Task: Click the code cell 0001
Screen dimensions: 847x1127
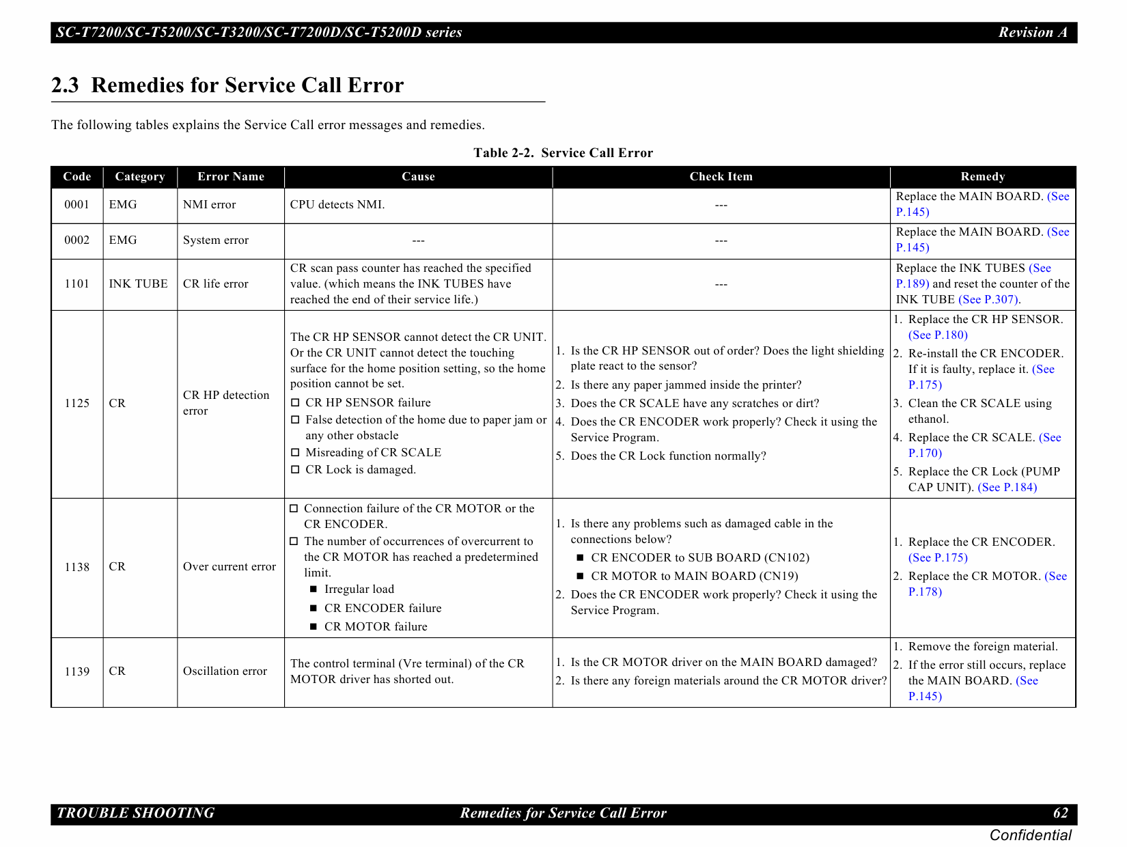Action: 76,205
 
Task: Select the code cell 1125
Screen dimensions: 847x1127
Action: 76,403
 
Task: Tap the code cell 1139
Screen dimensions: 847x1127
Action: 76,671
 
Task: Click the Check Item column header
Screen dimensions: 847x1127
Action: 721,176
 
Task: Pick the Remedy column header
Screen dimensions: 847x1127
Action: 982,176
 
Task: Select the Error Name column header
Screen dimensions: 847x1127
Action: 230,176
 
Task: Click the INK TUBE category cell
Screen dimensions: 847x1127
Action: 138,283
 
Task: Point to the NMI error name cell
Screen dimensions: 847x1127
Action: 209,205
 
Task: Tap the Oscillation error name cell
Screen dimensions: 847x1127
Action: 225,671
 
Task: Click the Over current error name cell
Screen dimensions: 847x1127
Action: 229,567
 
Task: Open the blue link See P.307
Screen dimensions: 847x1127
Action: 988,300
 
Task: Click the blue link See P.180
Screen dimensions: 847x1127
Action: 938,335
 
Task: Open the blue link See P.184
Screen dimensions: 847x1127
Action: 1007,488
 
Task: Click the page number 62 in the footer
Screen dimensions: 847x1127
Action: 1060,813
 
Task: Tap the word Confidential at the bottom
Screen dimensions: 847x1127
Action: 1030,835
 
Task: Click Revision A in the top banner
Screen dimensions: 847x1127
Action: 1032,32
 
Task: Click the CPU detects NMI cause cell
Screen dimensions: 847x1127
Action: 337,205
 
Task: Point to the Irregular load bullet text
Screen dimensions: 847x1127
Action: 359,589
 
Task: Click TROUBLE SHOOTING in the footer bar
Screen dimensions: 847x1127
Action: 135,813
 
